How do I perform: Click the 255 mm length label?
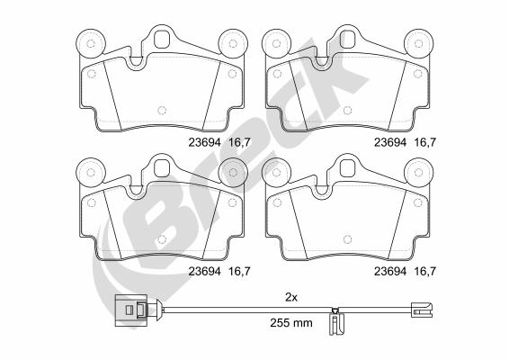pos(291,322)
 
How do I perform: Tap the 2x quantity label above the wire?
pos(291,297)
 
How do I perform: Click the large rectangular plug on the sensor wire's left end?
pos(130,310)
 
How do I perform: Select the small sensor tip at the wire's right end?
pos(422,310)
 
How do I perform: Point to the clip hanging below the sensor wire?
pos(335,321)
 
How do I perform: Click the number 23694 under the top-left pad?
pos(204,142)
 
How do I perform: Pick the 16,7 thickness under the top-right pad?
pos(424,142)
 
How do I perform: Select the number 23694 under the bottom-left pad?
pos(204,271)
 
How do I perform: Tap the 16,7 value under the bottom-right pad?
pos(424,271)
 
